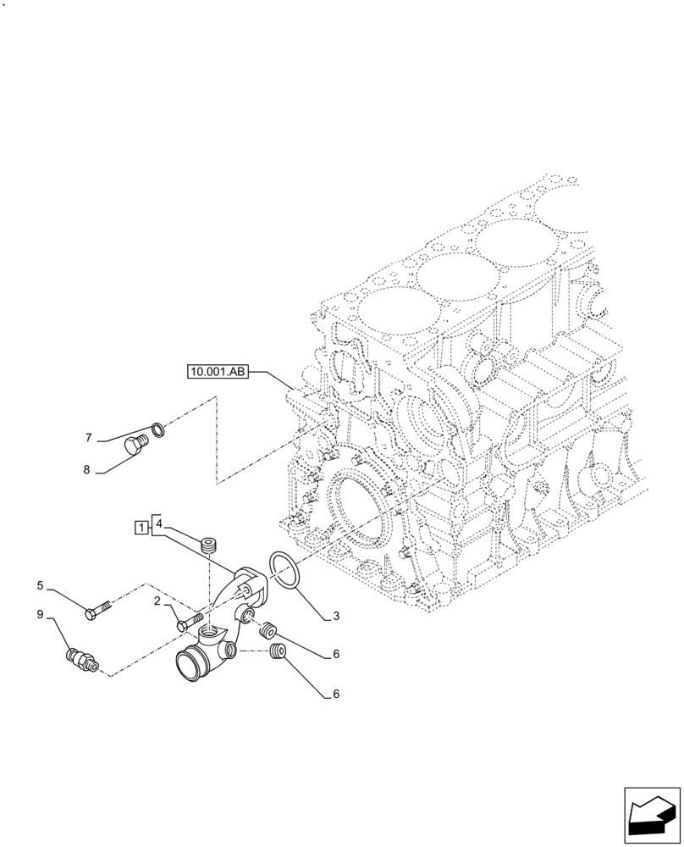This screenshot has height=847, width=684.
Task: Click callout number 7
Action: tap(88, 438)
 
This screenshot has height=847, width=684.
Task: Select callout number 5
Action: tap(40, 584)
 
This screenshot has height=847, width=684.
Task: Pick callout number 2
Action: tap(157, 601)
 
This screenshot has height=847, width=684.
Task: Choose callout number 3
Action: tap(336, 616)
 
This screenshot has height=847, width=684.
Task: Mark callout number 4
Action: tap(158, 525)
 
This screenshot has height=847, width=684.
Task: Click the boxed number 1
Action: tap(139, 528)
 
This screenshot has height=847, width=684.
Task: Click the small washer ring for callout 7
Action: tap(158, 429)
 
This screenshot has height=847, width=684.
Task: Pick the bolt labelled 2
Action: tap(190, 623)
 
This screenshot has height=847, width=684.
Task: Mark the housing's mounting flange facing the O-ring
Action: tap(251, 584)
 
